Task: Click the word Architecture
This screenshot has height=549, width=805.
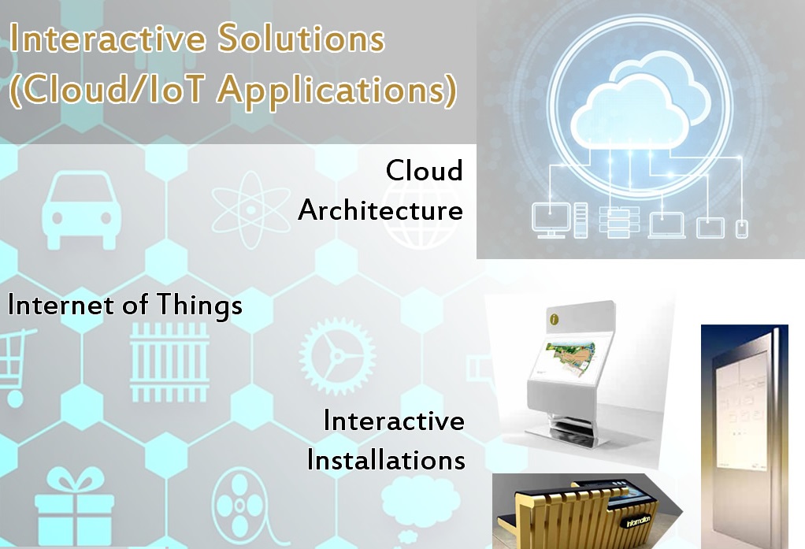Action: [x=380, y=210]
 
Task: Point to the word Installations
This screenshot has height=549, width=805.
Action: [x=386, y=459]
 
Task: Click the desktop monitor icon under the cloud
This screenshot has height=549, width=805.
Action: [x=549, y=221]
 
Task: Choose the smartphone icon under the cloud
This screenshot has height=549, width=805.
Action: [x=740, y=228]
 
